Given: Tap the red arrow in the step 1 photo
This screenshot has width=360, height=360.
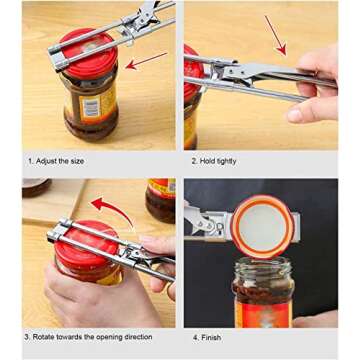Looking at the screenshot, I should pyautogui.click(x=148, y=61).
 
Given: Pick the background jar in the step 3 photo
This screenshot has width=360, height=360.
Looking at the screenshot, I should pyautogui.click(x=161, y=200).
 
